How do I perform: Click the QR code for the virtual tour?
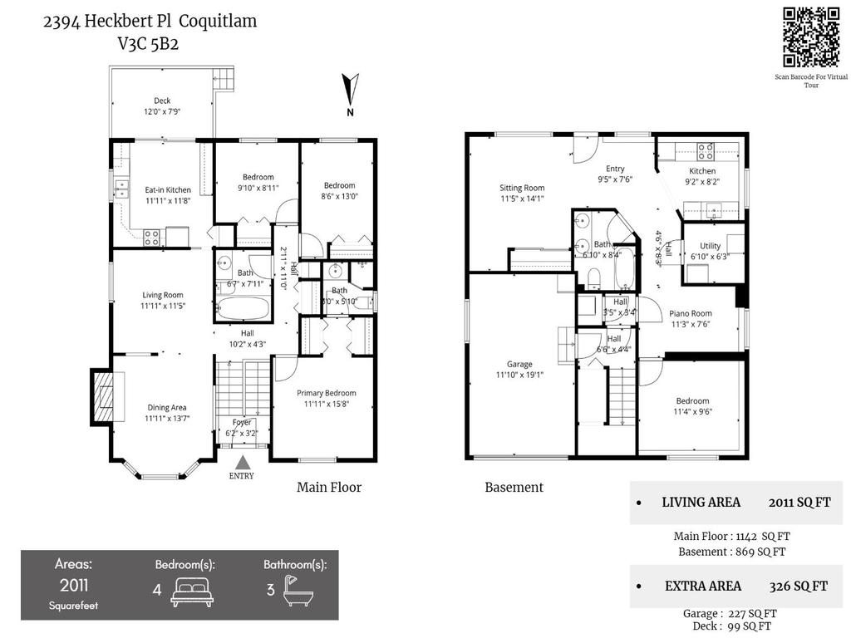811,37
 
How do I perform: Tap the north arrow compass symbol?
351,90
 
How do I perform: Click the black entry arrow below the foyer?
242,462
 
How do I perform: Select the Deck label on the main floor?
162,101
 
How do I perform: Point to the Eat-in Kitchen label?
168,190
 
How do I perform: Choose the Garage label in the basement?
519,364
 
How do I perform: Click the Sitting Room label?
522,188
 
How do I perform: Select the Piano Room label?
691,313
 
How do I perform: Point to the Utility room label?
710,246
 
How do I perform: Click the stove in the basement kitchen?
706,152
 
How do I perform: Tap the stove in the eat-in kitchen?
152,236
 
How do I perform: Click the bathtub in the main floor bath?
243,309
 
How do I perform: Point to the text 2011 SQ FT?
799,502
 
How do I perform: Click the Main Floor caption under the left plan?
329,488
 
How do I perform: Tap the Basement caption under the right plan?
514,488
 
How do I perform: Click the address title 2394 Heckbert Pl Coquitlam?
150,22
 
